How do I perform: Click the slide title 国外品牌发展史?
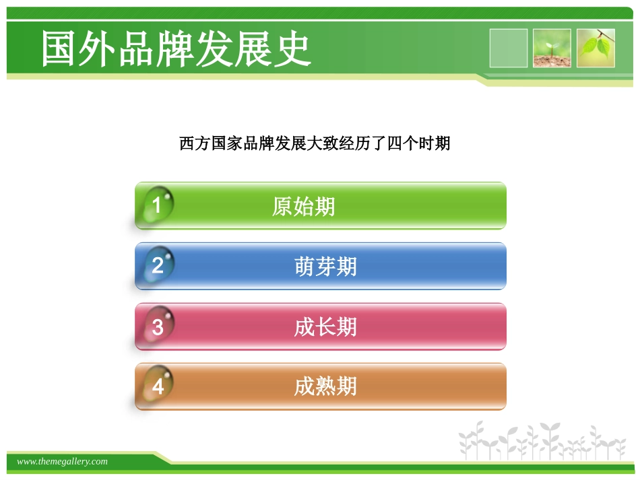tap(176, 48)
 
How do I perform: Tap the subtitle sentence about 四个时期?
tap(315, 143)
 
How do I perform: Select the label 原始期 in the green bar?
tap(303, 207)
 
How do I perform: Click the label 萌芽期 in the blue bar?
tap(325, 267)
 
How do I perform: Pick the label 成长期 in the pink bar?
tap(325, 327)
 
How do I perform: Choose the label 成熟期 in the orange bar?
tap(325, 386)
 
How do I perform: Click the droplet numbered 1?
tap(157, 205)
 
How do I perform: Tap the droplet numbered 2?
tap(158, 265)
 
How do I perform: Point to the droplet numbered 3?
tap(158, 327)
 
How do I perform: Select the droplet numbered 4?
tap(158, 386)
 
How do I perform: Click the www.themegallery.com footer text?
tap(62, 461)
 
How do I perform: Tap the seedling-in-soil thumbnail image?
tap(552, 48)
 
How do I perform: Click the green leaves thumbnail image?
tap(596, 48)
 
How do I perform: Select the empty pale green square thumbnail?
tap(508, 48)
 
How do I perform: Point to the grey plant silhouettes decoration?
tap(542, 442)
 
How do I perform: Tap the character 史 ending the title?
tap(294, 48)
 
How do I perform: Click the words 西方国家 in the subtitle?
tap(203, 143)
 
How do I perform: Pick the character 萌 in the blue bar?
tap(305, 267)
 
